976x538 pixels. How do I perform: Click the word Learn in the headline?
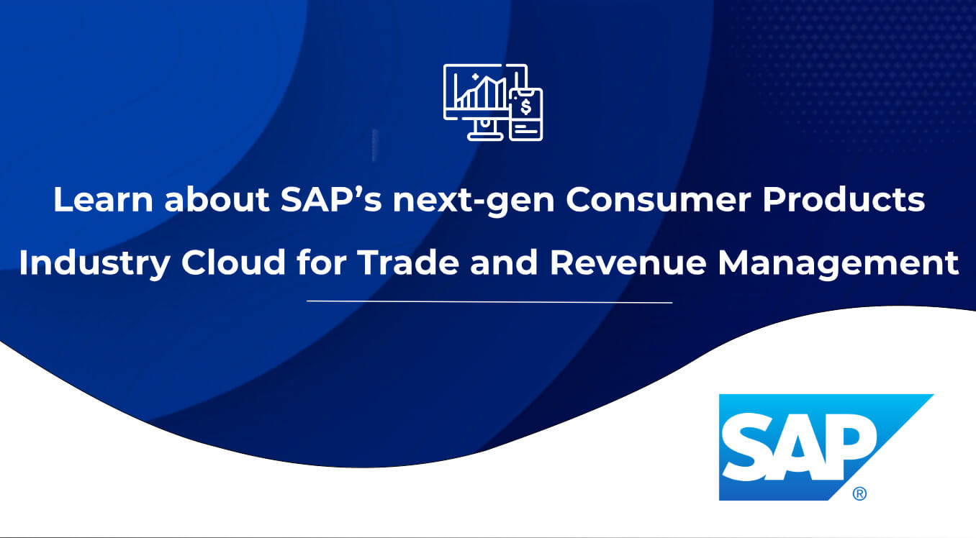point(103,199)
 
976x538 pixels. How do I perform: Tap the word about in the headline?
point(217,199)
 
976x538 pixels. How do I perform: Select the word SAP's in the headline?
point(331,199)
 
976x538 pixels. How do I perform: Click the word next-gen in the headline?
point(474,202)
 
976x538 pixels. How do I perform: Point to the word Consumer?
point(659,199)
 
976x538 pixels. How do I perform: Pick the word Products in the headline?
point(844,199)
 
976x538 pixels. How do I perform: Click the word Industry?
point(94,264)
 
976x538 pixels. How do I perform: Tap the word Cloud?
point(233,262)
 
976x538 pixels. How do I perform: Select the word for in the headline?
point(322,262)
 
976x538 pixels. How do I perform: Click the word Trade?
point(408,262)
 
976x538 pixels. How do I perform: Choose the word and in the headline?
point(504,262)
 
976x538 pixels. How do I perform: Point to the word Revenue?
point(628,262)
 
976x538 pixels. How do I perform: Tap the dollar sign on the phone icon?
point(526,106)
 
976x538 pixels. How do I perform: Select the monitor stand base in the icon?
point(485,137)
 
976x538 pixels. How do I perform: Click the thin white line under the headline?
point(489,301)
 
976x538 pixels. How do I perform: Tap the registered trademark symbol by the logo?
point(859,493)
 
